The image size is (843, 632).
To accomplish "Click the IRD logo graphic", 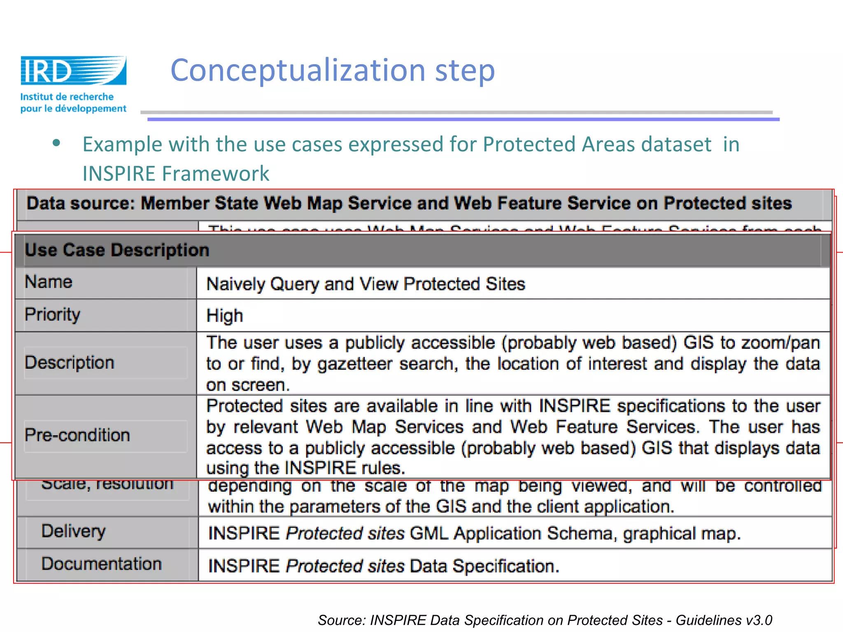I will pyautogui.click(x=73, y=70).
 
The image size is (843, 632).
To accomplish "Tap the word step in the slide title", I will pyautogui.click(x=465, y=71).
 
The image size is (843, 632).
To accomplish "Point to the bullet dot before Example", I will pyautogui.click(x=57, y=143).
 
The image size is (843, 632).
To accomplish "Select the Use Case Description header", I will pyautogui.click(x=117, y=250).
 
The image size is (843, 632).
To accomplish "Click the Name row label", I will pyautogui.click(x=49, y=282).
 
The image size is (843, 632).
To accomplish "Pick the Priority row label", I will pyautogui.click(x=52, y=315).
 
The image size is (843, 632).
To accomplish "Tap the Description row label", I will pyautogui.click(x=69, y=362).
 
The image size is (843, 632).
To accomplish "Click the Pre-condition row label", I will pyautogui.click(x=77, y=435).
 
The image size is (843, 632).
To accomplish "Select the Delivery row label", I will pyautogui.click(x=73, y=531).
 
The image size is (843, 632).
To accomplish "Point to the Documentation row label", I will pyautogui.click(x=101, y=564).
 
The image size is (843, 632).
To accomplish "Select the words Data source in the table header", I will pyautogui.click(x=81, y=204).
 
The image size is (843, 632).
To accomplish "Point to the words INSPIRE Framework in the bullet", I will pyautogui.click(x=176, y=173).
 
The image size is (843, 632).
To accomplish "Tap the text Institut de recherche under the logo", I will pyautogui.click(x=67, y=97).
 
